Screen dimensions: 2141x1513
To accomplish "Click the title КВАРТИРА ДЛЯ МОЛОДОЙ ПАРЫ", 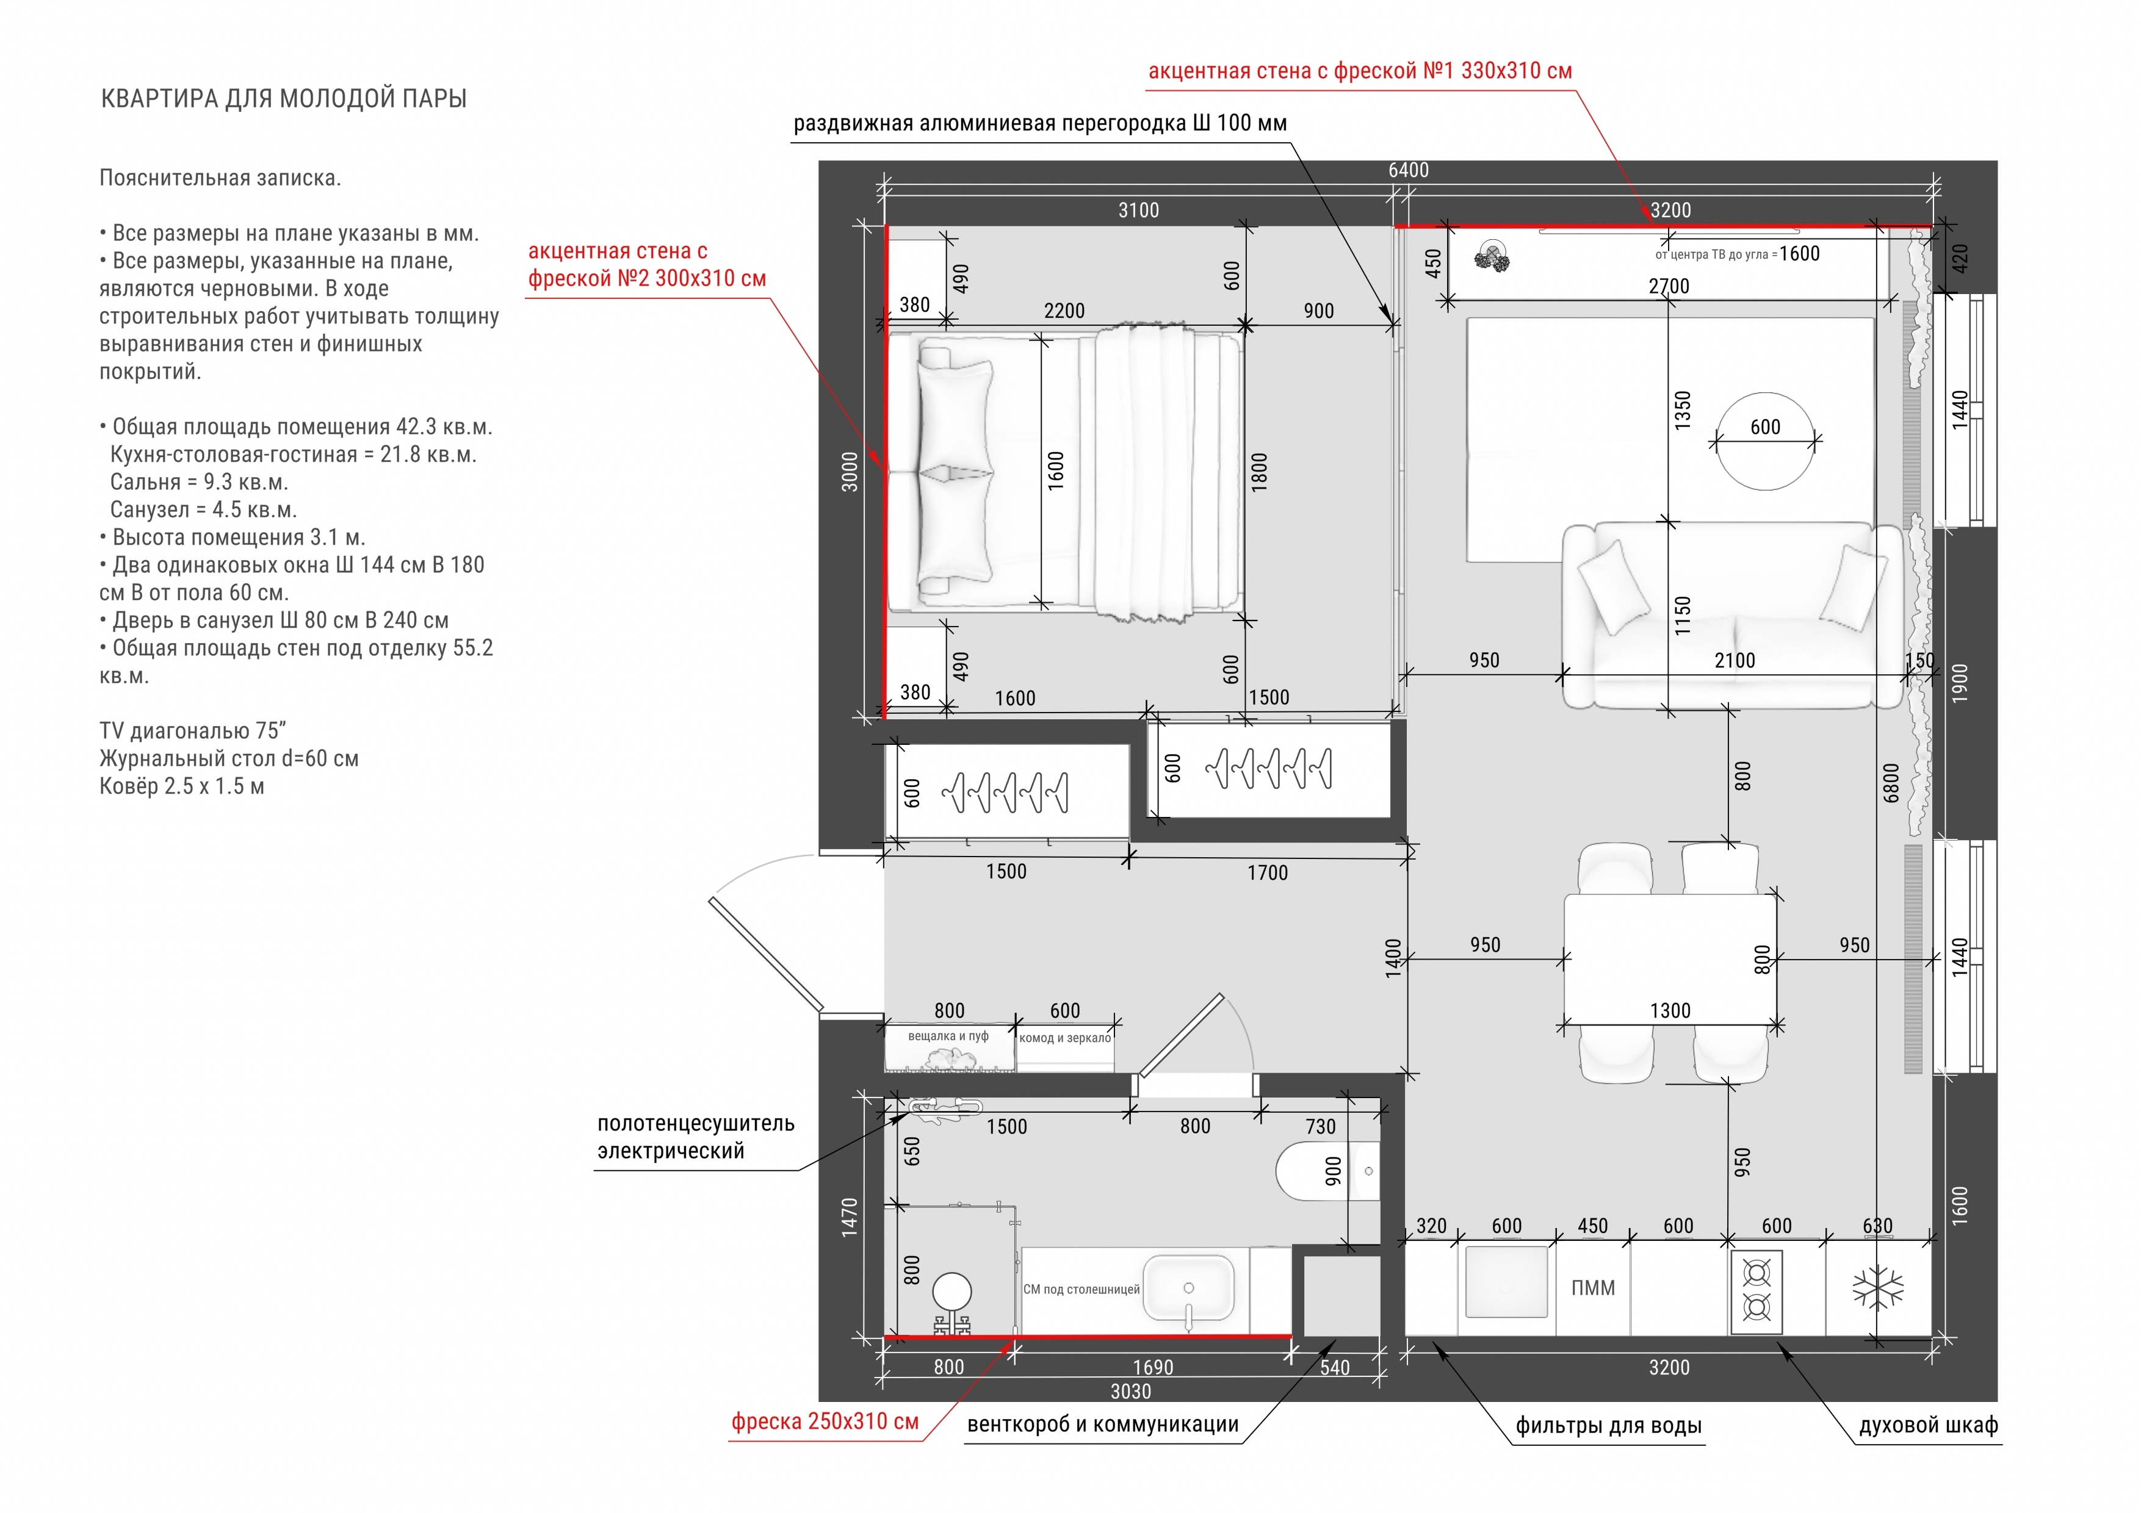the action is pos(283,99).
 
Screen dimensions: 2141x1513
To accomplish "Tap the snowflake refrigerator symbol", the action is pos(1877,1288).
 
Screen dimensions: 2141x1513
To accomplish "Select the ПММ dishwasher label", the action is pos(1593,1288).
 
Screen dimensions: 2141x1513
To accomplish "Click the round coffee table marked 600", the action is pos(1765,441).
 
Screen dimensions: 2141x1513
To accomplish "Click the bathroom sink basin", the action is pos(1189,1288).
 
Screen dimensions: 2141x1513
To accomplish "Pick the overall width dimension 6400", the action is pos(1408,170).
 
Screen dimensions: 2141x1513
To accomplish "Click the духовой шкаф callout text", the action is pos(1929,1425).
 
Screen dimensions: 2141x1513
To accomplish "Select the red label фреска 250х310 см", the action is pos(825,1421).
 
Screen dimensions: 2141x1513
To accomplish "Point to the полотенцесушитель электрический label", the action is pos(696,1137).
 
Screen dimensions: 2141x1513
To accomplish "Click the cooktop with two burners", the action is pos(1757,1290).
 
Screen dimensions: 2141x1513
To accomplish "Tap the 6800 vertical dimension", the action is pos(1891,783).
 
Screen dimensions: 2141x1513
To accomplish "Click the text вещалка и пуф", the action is pos(948,1036).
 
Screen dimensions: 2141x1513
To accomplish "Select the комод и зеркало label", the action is pos(1065,1038).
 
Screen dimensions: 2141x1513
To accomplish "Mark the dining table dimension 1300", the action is pos(1670,1010).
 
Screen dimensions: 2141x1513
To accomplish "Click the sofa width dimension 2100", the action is pos(1735,660).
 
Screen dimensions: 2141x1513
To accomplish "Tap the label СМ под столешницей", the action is pos(1081,1289).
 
